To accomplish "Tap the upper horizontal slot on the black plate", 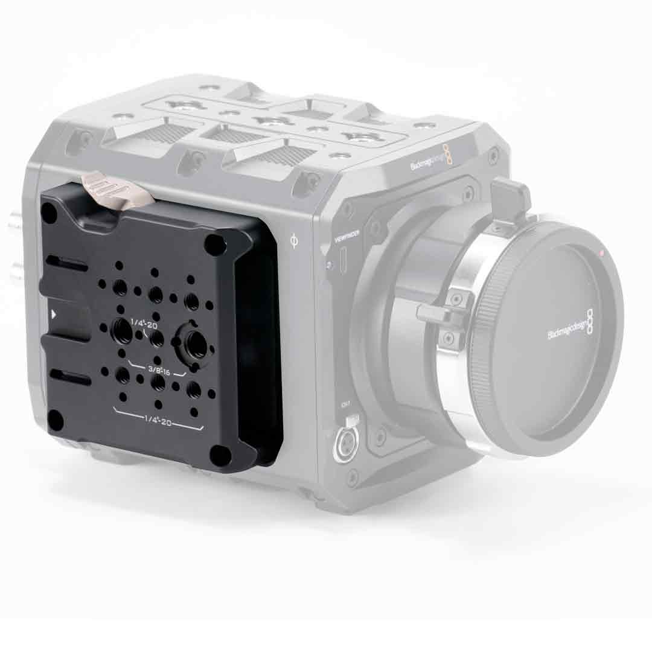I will [x=68, y=264].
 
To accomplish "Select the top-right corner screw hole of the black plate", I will [x=214, y=244].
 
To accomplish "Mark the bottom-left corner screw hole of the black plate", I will [x=56, y=420].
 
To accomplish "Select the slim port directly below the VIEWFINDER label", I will [x=343, y=261].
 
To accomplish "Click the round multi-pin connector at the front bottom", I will [x=345, y=446].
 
